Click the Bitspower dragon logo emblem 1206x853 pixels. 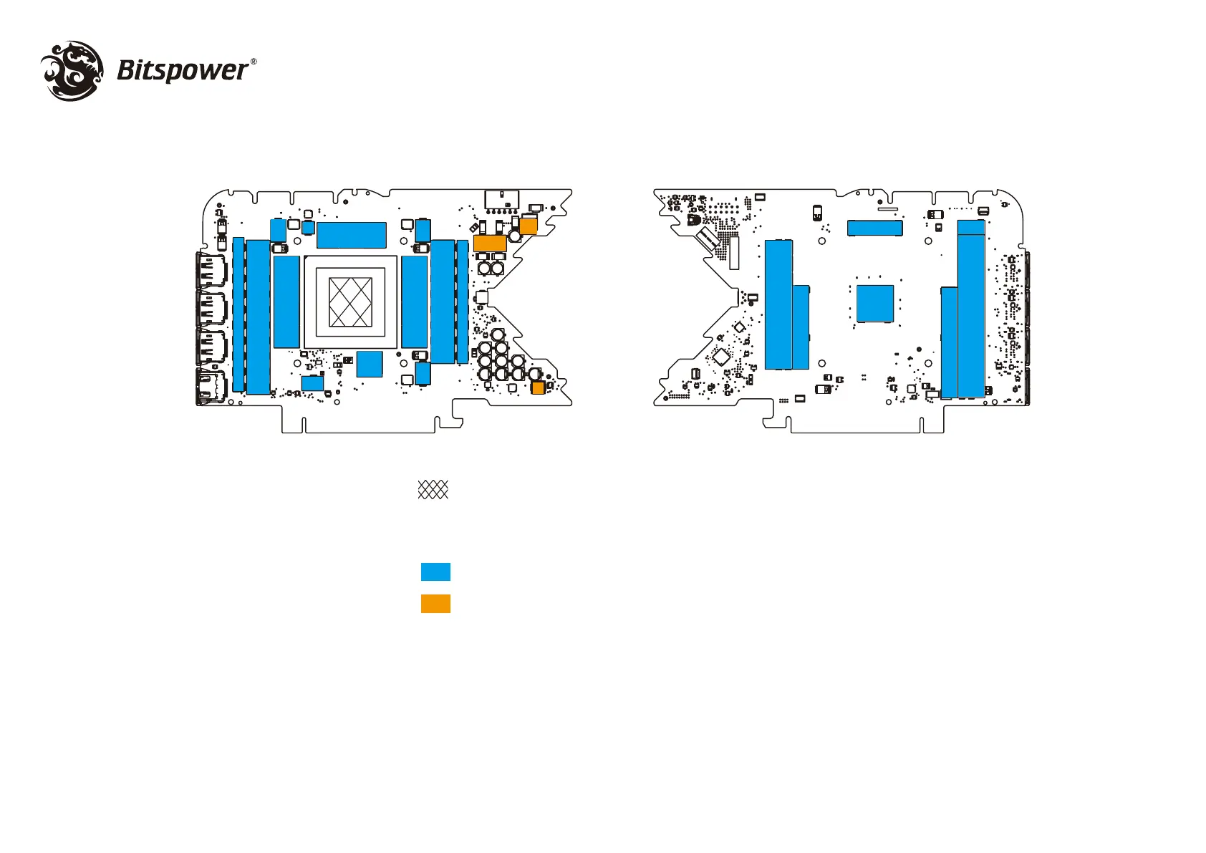click(72, 70)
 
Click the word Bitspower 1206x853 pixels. click(182, 70)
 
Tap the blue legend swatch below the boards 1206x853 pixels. click(435, 572)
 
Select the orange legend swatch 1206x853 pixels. click(435, 604)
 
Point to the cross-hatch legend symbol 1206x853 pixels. click(433, 490)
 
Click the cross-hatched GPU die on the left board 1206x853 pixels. click(350, 302)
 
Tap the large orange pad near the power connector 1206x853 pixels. click(490, 243)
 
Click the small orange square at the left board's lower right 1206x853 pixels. click(538, 387)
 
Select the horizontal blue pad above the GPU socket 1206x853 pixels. click(351, 235)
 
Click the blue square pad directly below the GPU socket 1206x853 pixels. click(370, 364)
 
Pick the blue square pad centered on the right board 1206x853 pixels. click(875, 304)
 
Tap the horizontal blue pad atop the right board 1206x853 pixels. click(874, 228)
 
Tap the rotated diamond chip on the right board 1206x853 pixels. click(720, 356)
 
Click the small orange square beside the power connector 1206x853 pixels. click(528, 226)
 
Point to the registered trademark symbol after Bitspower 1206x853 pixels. click(254, 62)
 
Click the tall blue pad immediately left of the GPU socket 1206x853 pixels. click(286, 302)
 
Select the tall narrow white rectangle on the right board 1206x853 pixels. click(733, 253)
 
